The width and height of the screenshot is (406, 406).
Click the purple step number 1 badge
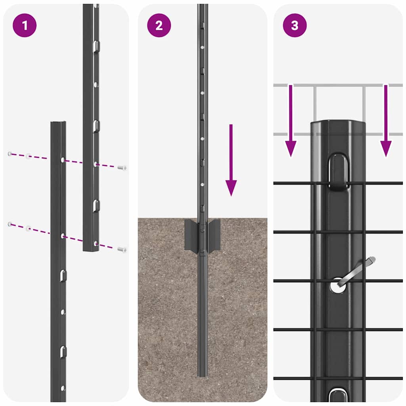(x=25, y=25)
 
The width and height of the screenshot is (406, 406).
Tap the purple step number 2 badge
(x=159, y=25)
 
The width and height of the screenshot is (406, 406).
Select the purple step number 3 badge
(x=295, y=25)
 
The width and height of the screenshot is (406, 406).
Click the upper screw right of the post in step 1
(x=122, y=168)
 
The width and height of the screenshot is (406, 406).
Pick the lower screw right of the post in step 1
(x=122, y=249)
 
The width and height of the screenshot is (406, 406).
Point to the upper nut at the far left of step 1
(x=10, y=153)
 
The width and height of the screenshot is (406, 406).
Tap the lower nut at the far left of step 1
(x=10, y=224)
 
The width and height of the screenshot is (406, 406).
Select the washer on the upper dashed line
(x=28, y=156)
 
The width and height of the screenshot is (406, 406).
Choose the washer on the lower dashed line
(x=28, y=228)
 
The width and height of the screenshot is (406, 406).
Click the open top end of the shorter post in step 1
(x=58, y=123)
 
